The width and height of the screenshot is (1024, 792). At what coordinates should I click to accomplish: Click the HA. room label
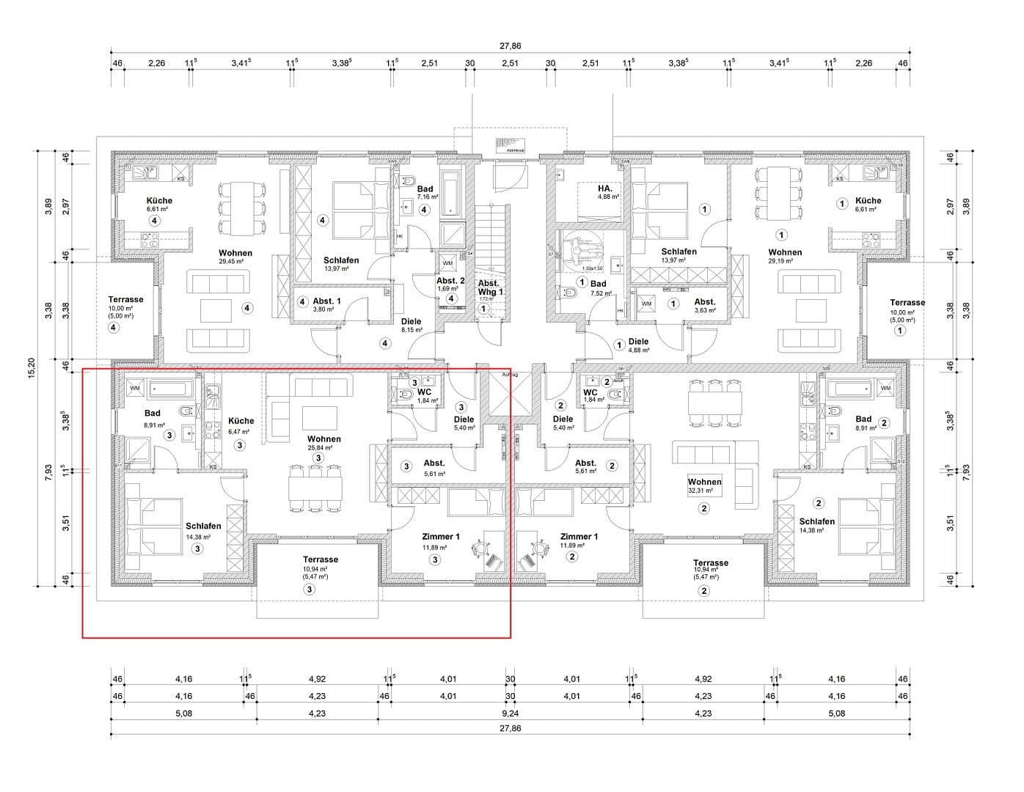coord(604,188)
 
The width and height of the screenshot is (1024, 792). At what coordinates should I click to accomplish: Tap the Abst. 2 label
coord(450,281)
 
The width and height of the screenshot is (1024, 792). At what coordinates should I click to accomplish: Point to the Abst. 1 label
coord(326,301)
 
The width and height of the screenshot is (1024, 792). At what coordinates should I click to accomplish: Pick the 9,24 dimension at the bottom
coord(511,713)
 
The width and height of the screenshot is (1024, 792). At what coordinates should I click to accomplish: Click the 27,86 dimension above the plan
coord(511,45)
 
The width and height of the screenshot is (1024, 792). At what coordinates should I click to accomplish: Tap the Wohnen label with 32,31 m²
coord(704,482)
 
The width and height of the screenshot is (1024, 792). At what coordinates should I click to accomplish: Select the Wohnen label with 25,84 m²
coord(323,439)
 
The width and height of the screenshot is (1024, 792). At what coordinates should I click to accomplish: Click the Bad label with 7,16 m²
coord(425,189)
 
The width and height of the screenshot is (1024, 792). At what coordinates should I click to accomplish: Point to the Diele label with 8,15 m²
coord(411,321)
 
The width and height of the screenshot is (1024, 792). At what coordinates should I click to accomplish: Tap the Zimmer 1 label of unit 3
coord(441,537)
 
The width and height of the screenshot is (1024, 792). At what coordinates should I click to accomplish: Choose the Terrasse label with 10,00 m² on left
coord(125,299)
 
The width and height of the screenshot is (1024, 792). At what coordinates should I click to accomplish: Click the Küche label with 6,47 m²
coord(241,421)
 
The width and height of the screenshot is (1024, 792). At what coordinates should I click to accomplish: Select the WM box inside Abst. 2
coord(447,263)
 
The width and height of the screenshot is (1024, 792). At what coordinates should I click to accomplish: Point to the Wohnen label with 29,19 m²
coord(785,252)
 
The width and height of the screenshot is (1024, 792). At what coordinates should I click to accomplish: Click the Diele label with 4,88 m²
coord(638,342)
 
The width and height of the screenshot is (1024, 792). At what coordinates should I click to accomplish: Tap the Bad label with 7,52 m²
coord(599,284)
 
